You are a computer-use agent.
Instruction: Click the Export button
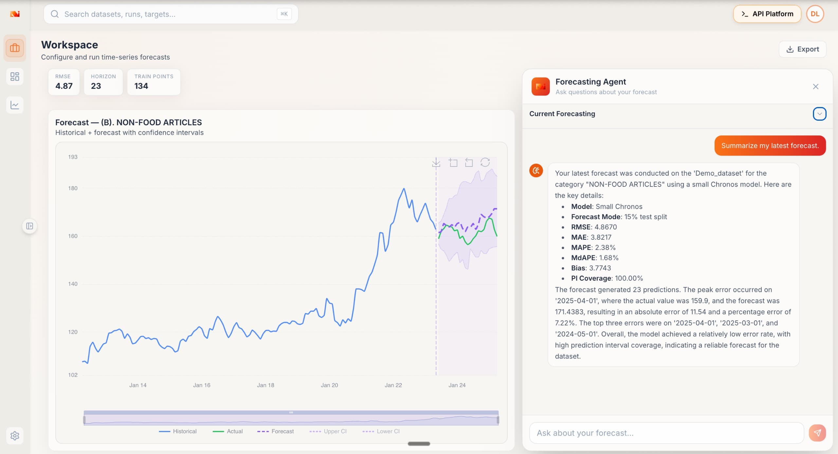click(802, 49)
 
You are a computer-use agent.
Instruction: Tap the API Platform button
click(767, 14)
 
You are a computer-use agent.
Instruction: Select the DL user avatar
click(815, 14)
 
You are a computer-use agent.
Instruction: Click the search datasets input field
click(171, 14)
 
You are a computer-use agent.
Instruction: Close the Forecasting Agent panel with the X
click(815, 86)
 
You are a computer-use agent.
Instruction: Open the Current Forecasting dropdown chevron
click(819, 114)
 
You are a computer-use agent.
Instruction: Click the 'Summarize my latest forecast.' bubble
click(770, 146)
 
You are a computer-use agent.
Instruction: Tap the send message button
click(817, 433)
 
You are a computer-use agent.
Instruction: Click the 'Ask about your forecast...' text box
click(666, 433)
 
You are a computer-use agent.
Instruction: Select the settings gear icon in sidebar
click(15, 436)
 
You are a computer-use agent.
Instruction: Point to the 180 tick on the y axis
click(73, 188)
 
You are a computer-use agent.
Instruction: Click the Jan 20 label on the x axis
click(329, 385)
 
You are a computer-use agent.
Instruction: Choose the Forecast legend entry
click(275, 431)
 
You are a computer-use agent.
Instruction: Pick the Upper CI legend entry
click(328, 431)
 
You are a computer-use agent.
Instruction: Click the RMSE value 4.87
click(64, 86)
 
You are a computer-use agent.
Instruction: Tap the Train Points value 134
click(141, 86)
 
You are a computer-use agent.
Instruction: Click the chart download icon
click(436, 162)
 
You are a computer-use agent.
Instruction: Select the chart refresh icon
click(485, 162)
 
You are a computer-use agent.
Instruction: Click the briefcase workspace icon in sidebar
click(15, 48)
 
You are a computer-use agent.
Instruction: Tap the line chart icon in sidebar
click(15, 105)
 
